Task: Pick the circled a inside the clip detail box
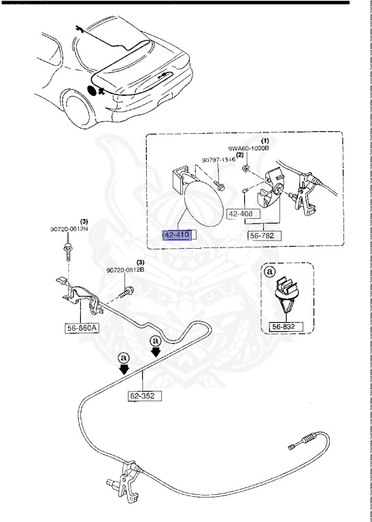click(x=269, y=272)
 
